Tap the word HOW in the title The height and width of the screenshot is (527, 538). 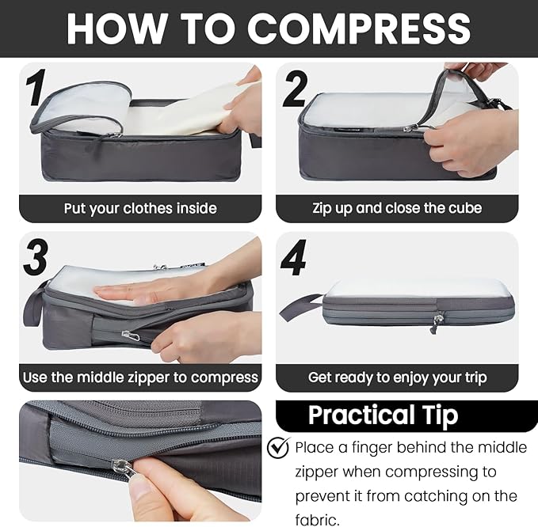click(x=111, y=28)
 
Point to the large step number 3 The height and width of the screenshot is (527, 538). click(x=36, y=258)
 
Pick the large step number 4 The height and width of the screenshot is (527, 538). click(x=294, y=257)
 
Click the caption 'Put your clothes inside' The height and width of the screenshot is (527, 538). click(x=140, y=209)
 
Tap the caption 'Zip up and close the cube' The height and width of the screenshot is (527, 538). click(x=397, y=209)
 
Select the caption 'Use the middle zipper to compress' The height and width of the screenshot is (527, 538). click(x=140, y=377)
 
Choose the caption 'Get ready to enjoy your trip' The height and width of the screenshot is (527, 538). click(x=397, y=377)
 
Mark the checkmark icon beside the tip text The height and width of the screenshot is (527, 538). click(x=277, y=448)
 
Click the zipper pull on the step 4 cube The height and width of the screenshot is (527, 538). click(x=437, y=321)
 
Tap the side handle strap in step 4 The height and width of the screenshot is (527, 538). click(x=301, y=305)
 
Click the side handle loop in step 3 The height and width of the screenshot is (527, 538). click(x=34, y=305)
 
